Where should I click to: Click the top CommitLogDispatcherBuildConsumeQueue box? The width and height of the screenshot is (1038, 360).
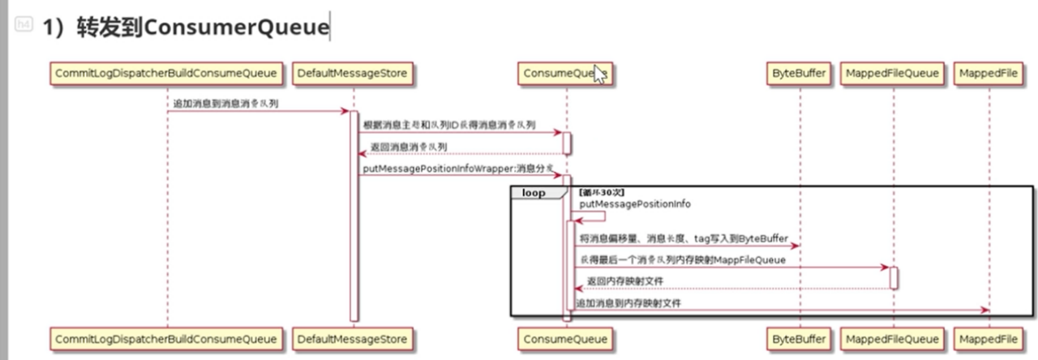167,74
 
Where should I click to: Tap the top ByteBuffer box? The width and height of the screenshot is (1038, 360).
799,74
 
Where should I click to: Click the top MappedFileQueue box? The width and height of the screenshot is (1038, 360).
892,74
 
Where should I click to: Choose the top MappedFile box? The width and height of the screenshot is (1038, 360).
989,74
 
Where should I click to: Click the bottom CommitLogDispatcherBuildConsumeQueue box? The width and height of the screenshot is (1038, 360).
167,338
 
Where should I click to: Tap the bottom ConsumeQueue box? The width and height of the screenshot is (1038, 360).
566,338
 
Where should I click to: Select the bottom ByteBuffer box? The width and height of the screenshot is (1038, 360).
799,338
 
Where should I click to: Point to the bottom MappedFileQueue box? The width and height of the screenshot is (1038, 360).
892,338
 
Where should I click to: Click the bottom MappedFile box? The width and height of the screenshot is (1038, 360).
989,338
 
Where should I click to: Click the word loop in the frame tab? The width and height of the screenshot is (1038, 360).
534,194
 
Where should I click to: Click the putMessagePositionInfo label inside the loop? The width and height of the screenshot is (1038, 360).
635,204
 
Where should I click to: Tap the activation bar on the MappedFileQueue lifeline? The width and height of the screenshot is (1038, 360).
893,277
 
